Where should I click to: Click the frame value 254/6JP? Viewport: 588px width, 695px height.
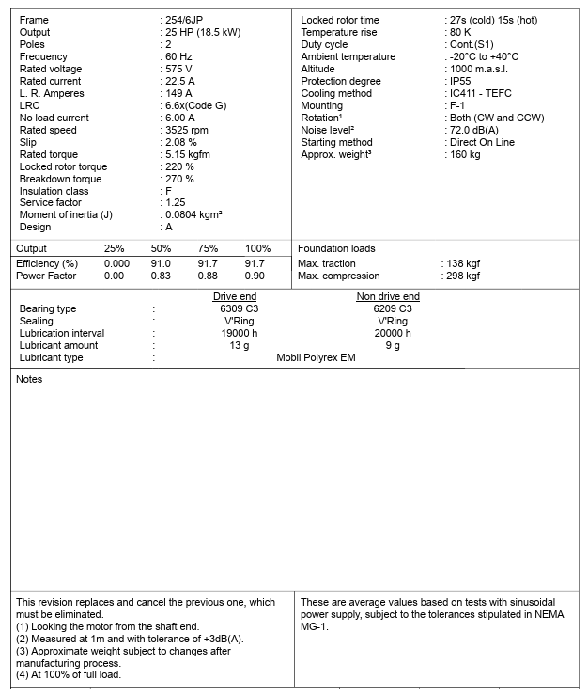point(185,20)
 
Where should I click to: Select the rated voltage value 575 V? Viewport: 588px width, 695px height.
point(178,69)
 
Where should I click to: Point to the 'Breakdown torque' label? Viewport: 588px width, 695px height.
point(61,179)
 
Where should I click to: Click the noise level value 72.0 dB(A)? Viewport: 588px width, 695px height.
point(475,130)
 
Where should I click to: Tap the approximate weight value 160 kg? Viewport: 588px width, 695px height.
point(465,154)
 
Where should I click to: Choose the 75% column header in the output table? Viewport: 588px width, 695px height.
point(208,248)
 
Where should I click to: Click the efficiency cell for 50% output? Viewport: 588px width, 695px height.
point(161,264)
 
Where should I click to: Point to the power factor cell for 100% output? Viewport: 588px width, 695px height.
point(255,276)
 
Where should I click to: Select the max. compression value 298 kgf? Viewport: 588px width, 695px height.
point(462,276)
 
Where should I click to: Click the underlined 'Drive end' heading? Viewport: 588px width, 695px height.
point(235,296)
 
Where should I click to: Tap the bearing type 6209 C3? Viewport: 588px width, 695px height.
point(392,308)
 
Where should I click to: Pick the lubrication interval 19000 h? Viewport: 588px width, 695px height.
point(239,333)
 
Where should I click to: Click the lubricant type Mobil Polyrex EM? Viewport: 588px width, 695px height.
point(316,357)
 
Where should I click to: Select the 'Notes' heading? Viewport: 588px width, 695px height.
point(30,379)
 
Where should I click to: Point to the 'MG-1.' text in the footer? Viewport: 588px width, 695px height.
point(315,626)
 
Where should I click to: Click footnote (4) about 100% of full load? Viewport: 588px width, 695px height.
point(69,674)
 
